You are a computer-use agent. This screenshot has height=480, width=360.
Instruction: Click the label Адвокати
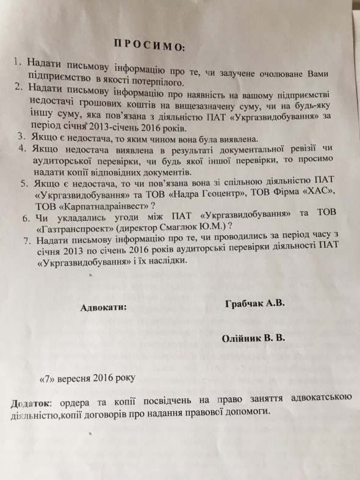(x=104, y=308)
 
